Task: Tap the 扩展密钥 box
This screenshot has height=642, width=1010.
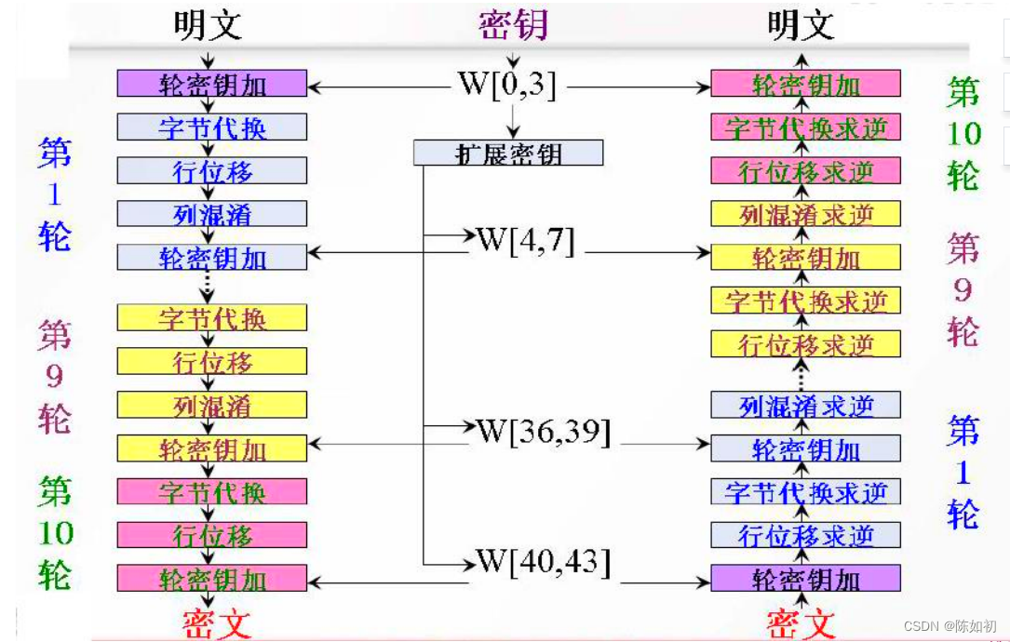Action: (x=508, y=153)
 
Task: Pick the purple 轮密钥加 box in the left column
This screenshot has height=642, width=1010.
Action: (x=211, y=84)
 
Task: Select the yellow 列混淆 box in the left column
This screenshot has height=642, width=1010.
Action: (x=211, y=405)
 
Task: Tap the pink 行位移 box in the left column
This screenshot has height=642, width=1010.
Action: (x=211, y=535)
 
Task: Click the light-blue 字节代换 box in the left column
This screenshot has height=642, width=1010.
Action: (x=211, y=127)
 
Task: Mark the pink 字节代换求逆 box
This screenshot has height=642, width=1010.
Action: (x=805, y=127)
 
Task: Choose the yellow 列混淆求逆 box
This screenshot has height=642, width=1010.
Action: (x=805, y=214)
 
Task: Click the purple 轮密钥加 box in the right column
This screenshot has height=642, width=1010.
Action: (x=805, y=578)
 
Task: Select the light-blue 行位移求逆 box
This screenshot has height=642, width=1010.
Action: (x=805, y=535)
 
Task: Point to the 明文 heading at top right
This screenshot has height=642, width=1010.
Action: (x=801, y=25)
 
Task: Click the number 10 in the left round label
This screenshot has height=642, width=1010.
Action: (x=55, y=534)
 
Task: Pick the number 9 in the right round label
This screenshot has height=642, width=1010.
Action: (x=963, y=289)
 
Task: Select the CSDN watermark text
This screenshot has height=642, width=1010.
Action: (x=951, y=626)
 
